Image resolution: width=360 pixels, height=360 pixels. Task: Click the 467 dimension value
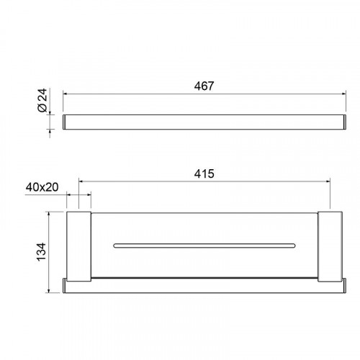[204, 86]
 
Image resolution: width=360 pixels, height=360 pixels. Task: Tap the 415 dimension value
[204, 174]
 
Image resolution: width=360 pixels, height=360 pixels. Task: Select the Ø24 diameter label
[42, 100]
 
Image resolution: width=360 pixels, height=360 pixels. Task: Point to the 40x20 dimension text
[42, 187]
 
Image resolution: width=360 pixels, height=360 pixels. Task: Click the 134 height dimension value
[41, 252]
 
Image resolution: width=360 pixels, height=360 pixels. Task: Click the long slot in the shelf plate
[204, 246]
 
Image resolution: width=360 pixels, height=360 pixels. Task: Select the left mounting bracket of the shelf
[78, 246]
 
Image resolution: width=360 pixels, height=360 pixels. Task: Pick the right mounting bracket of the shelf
[330, 246]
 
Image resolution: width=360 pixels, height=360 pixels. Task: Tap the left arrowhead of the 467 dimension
[65, 94]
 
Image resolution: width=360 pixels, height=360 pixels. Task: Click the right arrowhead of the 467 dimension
[344, 94]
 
